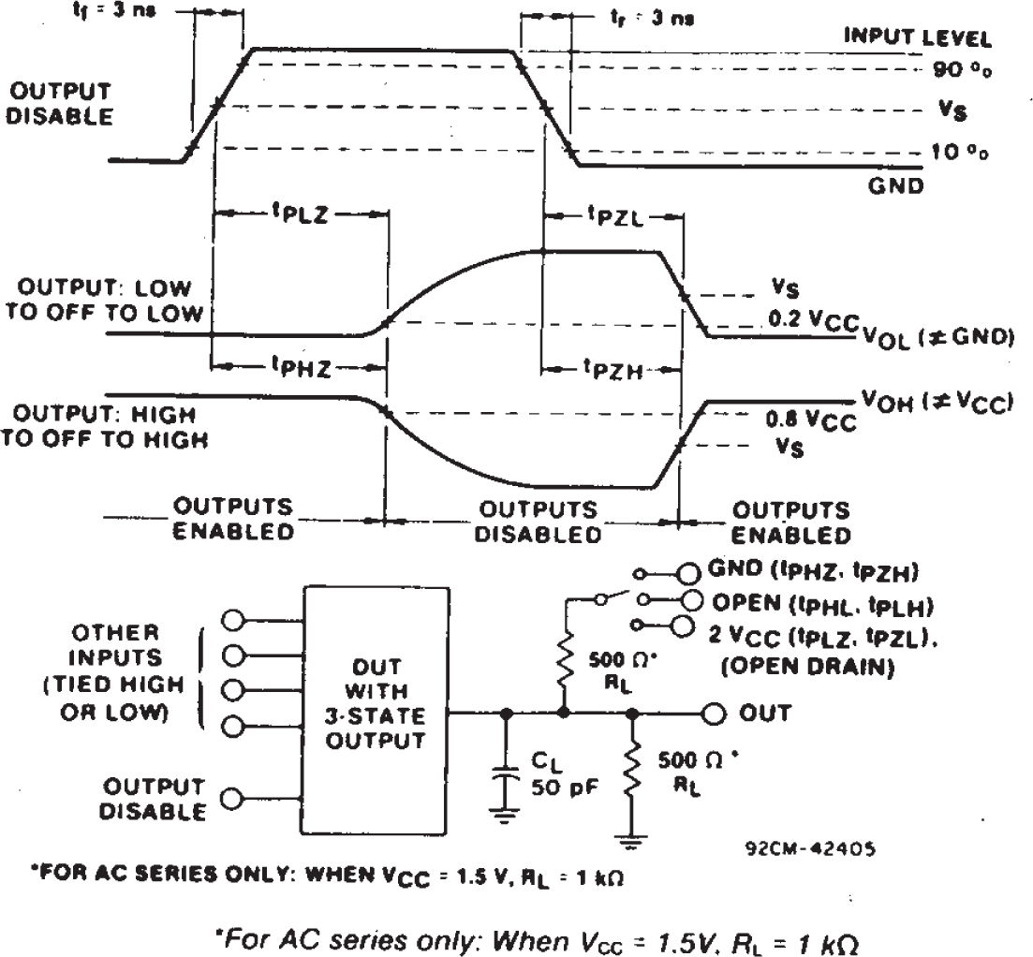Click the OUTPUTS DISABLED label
[x=538, y=522]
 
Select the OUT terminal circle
[x=715, y=714]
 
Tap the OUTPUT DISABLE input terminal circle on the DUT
[x=231, y=798]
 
